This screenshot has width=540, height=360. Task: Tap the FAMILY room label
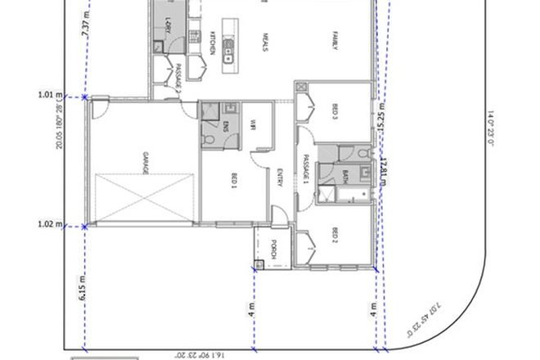pyautogui.click(x=335, y=41)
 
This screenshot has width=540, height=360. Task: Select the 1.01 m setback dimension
pyautogui.click(x=50, y=94)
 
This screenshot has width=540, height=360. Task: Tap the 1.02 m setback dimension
pyautogui.click(x=50, y=223)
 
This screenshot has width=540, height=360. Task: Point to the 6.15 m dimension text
pyautogui.click(x=81, y=288)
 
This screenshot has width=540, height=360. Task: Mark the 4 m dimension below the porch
pyautogui.click(x=252, y=310)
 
